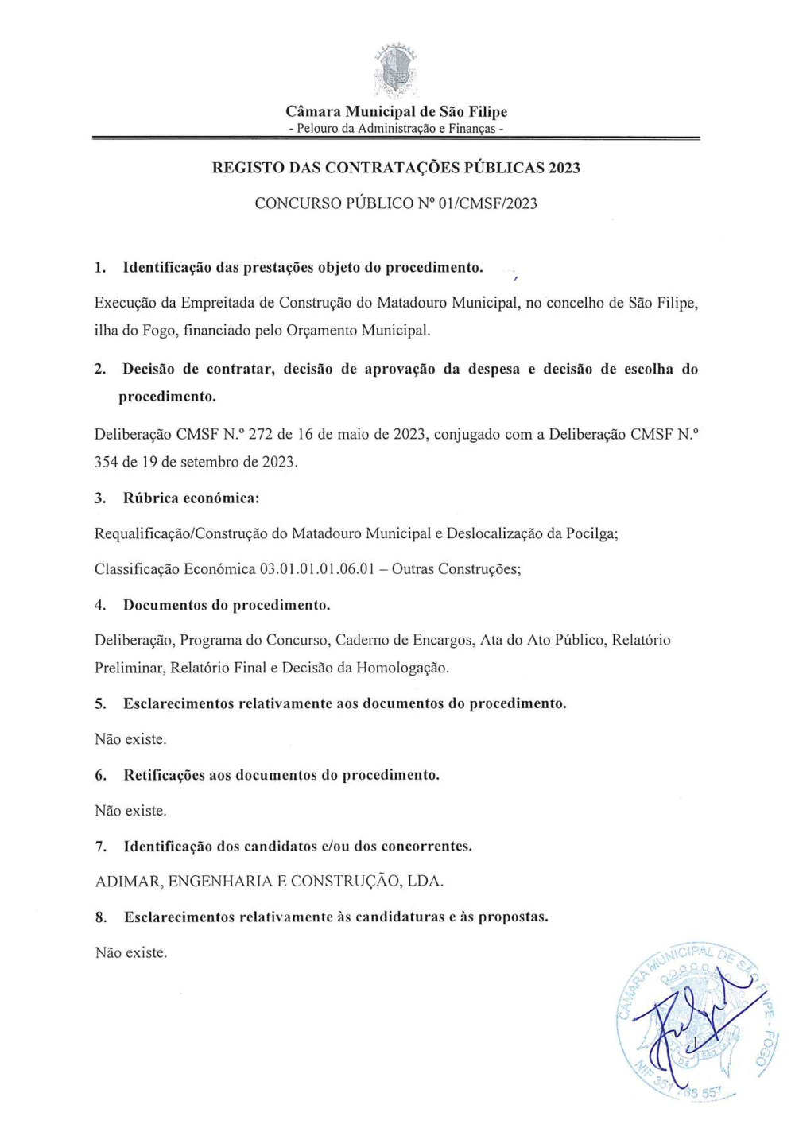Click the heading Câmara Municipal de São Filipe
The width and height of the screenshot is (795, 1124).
point(396,111)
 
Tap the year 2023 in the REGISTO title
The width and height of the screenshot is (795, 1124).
point(564,168)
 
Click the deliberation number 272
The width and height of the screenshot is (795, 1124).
point(261,434)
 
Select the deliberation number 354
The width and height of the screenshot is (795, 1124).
point(107,462)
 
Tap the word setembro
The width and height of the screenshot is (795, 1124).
point(209,462)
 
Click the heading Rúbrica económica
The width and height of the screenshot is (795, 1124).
point(191,498)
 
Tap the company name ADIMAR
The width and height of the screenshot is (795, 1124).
point(128,882)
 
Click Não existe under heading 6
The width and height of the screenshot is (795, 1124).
point(130,811)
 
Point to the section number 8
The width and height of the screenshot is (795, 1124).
point(101,917)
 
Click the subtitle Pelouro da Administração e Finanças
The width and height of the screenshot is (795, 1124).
point(396,129)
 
